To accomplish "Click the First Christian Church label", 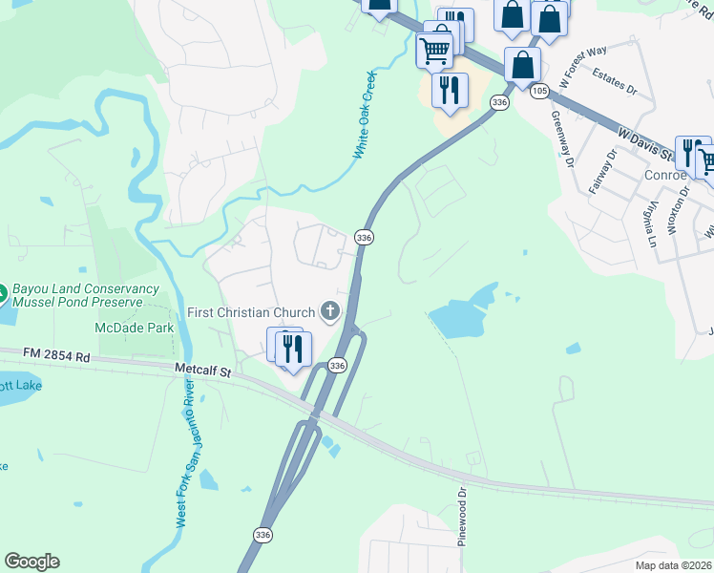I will tap(251, 312).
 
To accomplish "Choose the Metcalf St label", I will tap(204, 368).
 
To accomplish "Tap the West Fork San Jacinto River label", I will tap(186, 454).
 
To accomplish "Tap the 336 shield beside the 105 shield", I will tap(499, 101).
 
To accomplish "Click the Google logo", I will tap(32, 562).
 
